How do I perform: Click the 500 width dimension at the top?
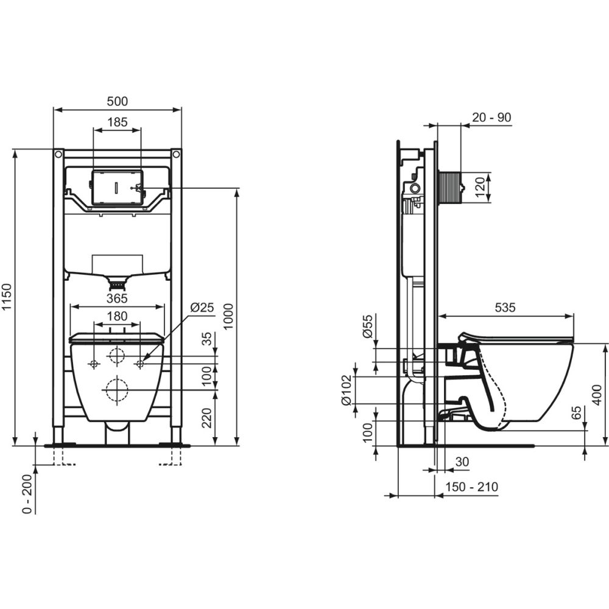118,101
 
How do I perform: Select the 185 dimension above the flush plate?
118,122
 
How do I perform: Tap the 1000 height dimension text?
229,317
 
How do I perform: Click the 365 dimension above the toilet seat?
117,298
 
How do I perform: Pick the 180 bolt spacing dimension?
117,316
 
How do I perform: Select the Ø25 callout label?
202,307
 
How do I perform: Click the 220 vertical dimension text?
208,418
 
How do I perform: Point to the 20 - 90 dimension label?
491,118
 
